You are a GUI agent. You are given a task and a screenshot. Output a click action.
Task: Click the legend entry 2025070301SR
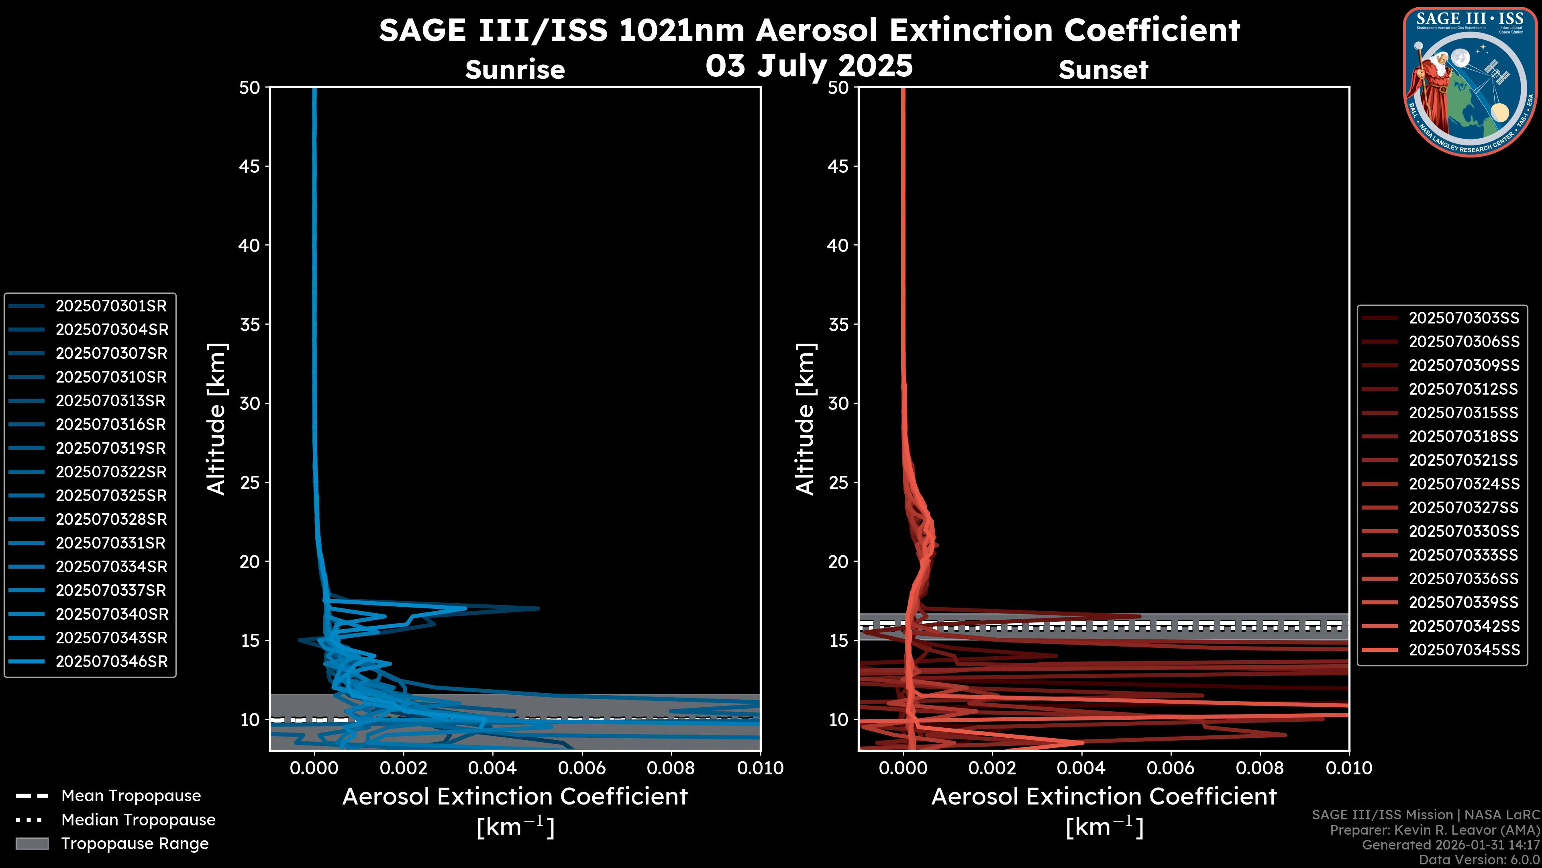(111, 306)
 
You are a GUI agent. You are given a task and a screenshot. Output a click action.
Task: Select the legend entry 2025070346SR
(111, 662)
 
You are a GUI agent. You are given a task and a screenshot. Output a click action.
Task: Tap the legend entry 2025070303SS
(1464, 318)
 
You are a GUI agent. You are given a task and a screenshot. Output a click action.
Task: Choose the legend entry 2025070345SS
(1464, 650)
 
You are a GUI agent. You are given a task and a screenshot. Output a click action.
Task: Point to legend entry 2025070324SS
(1464, 484)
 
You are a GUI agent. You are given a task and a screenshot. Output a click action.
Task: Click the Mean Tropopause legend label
(131, 796)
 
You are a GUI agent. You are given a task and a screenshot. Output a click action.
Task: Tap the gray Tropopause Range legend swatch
(32, 843)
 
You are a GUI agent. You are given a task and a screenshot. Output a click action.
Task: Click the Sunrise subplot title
(515, 70)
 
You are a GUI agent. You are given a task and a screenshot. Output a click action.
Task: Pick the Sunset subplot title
(1103, 70)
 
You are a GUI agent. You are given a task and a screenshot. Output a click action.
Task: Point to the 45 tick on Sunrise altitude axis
(250, 166)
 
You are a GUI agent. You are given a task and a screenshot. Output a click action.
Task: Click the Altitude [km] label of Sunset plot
(805, 419)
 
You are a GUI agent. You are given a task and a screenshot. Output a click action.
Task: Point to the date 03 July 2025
(809, 65)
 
